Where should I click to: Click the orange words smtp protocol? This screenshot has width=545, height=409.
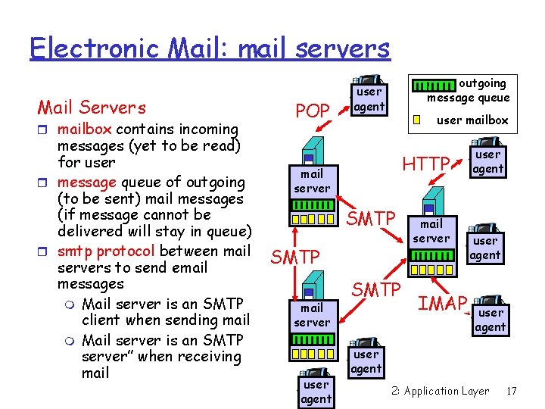click(x=106, y=251)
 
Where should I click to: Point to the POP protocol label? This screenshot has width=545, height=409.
click(x=313, y=111)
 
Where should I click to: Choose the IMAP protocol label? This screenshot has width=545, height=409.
click(x=443, y=304)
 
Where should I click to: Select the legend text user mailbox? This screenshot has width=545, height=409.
click(x=473, y=120)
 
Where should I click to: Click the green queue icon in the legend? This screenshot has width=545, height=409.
click(x=437, y=89)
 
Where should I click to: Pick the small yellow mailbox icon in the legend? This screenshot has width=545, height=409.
click(x=416, y=119)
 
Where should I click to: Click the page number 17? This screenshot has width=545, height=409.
click(x=512, y=391)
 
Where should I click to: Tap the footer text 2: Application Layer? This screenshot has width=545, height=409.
click(x=441, y=391)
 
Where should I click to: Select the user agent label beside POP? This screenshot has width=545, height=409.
click(x=369, y=99)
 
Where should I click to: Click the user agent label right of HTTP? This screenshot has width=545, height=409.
click(x=487, y=161)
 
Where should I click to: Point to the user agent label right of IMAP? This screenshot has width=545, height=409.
click(x=490, y=320)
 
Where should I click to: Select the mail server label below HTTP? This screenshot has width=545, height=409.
click(x=431, y=231)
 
